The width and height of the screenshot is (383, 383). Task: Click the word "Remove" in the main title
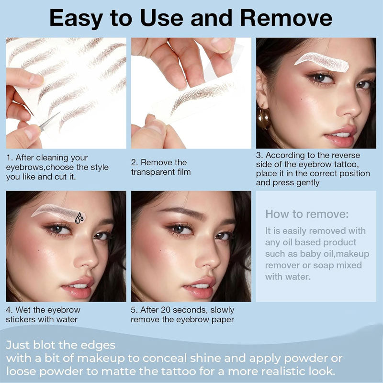[286, 18]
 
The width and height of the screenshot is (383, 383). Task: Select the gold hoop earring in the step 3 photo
[264, 118]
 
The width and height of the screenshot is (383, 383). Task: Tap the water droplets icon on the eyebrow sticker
[79, 218]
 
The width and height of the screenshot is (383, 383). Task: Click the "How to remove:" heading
[307, 214]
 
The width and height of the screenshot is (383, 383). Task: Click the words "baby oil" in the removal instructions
[316, 254]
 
